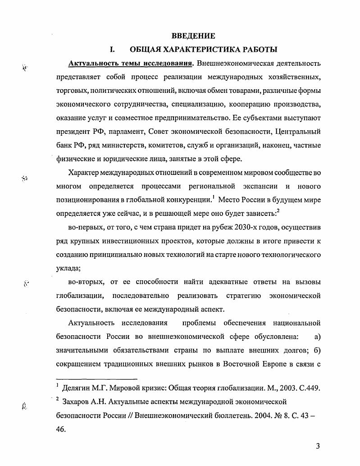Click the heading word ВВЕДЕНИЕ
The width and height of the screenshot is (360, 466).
click(x=193, y=36)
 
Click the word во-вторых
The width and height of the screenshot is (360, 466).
click(x=86, y=283)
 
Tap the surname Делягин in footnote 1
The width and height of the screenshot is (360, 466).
click(x=80, y=388)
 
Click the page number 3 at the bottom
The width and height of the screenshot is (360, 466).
click(x=317, y=447)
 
